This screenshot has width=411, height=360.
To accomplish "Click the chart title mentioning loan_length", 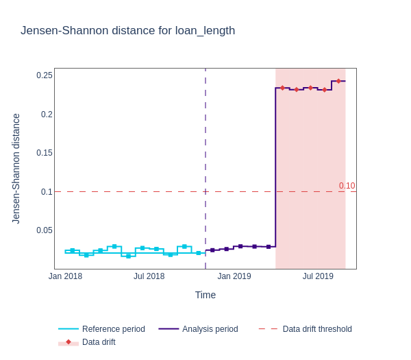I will tap(127, 31).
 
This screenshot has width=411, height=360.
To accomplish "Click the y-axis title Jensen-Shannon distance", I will tap(16, 169).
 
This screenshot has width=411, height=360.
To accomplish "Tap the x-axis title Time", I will tap(206, 295).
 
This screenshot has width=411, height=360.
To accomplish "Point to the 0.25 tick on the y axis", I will tap(45, 75).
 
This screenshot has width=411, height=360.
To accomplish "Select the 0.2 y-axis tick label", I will tap(47, 115).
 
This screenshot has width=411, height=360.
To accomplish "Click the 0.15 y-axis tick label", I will tap(45, 153).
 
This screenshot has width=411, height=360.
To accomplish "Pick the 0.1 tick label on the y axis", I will tap(47, 192).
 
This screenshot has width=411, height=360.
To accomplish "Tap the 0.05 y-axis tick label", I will tap(45, 230).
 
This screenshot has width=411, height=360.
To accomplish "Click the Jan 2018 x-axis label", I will tap(65, 276).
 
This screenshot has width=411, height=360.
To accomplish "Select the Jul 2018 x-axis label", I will tap(149, 276).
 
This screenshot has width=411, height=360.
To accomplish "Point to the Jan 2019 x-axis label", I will tap(234, 276).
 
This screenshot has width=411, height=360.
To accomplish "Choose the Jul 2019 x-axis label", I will tap(318, 276).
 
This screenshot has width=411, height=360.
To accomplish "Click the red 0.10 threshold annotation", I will tap(347, 186).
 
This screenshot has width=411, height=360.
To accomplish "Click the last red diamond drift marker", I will tap(338, 81).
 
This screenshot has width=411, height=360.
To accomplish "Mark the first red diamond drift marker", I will tap(282, 88).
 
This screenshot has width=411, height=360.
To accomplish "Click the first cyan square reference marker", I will tap(73, 251).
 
